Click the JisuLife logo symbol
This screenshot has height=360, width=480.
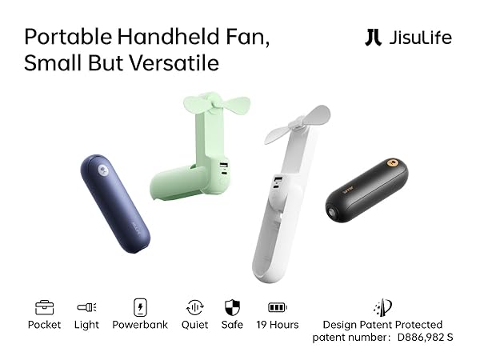373,38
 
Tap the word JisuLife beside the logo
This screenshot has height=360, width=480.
422,38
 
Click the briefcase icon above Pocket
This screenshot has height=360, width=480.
44,306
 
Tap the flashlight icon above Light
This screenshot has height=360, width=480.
86,306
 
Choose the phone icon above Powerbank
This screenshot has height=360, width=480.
140,306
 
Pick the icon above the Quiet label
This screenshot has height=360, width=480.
194,306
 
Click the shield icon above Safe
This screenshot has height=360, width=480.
232,306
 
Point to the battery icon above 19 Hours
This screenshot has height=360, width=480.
277,306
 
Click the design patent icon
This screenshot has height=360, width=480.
382,307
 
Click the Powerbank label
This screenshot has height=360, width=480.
140,325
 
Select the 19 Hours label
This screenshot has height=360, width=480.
277,325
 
